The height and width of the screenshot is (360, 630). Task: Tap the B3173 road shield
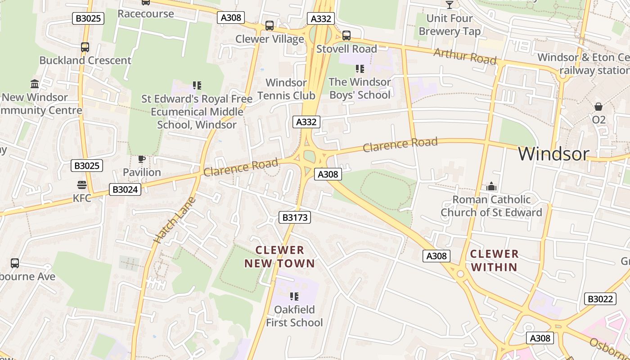tap(295, 218)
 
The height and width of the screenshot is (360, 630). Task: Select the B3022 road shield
tap(600, 299)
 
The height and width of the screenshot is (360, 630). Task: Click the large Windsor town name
tap(553, 154)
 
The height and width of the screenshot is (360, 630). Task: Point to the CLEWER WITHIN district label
tap(494, 261)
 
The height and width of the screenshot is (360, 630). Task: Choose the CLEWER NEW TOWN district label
tap(279, 256)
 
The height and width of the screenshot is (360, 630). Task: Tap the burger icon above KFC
tap(81, 185)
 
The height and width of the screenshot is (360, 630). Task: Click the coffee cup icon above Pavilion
tap(142, 159)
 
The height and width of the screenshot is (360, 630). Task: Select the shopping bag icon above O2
tap(598, 107)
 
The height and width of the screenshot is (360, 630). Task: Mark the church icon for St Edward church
tap(491, 186)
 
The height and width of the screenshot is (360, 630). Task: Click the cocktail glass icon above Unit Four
tap(449, 5)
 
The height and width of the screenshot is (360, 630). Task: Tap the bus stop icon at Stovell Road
tap(346, 35)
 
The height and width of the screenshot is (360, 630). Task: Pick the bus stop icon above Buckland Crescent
tap(85, 47)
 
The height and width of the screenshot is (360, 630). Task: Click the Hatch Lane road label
tap(175, 220)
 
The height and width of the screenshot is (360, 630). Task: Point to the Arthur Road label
tap(465, 57)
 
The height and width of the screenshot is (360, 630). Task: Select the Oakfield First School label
tap(294, 316)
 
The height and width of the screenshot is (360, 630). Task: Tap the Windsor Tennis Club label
tap(286, 89)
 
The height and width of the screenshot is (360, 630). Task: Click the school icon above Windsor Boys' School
tap(360, 69)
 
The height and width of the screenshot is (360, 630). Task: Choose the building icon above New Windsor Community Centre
tap(35, 84)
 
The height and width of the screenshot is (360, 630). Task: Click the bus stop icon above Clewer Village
tap(269, 26)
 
